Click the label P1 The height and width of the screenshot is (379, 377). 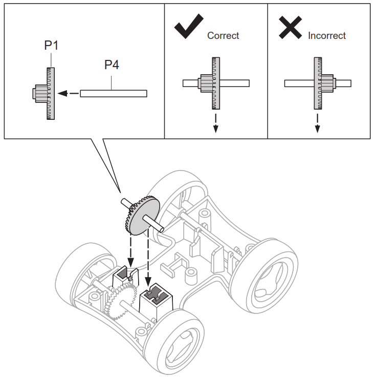51,45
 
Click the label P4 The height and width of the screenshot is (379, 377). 112,65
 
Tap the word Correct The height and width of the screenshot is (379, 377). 223,35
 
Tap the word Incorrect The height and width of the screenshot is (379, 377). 326,35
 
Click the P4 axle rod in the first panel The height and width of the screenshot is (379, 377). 113,94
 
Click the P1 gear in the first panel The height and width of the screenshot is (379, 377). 50,94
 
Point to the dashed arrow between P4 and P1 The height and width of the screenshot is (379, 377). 69,94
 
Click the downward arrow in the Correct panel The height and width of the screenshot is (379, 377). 215,123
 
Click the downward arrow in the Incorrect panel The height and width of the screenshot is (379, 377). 317,123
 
